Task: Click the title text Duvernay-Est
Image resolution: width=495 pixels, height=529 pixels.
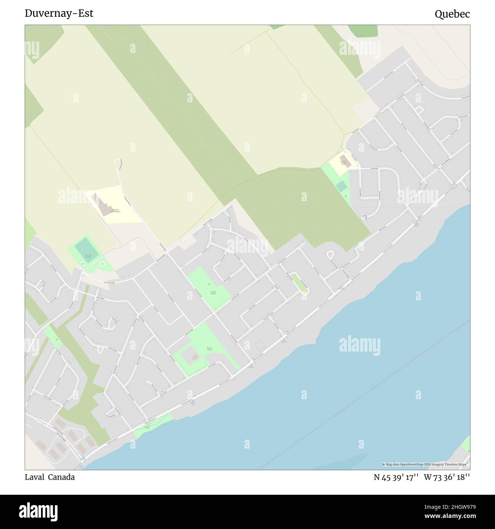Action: [x=59, y=13]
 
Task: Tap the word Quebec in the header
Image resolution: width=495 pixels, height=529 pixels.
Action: [x=452, y=14]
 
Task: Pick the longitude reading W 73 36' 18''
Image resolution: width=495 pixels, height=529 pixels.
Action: [x=447, y=477]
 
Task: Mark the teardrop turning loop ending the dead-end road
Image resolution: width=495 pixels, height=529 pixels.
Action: [x=118, y=162]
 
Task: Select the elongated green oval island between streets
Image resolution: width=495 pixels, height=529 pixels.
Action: [x=300, y=284]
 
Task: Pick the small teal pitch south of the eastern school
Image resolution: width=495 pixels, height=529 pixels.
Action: [x=341, y=186]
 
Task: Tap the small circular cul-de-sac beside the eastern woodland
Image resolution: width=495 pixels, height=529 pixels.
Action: [x=365, y=217]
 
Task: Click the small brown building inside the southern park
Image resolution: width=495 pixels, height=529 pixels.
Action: [x=195, y=357]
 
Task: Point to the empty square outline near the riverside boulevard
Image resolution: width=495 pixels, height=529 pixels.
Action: [x=260, y=346]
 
